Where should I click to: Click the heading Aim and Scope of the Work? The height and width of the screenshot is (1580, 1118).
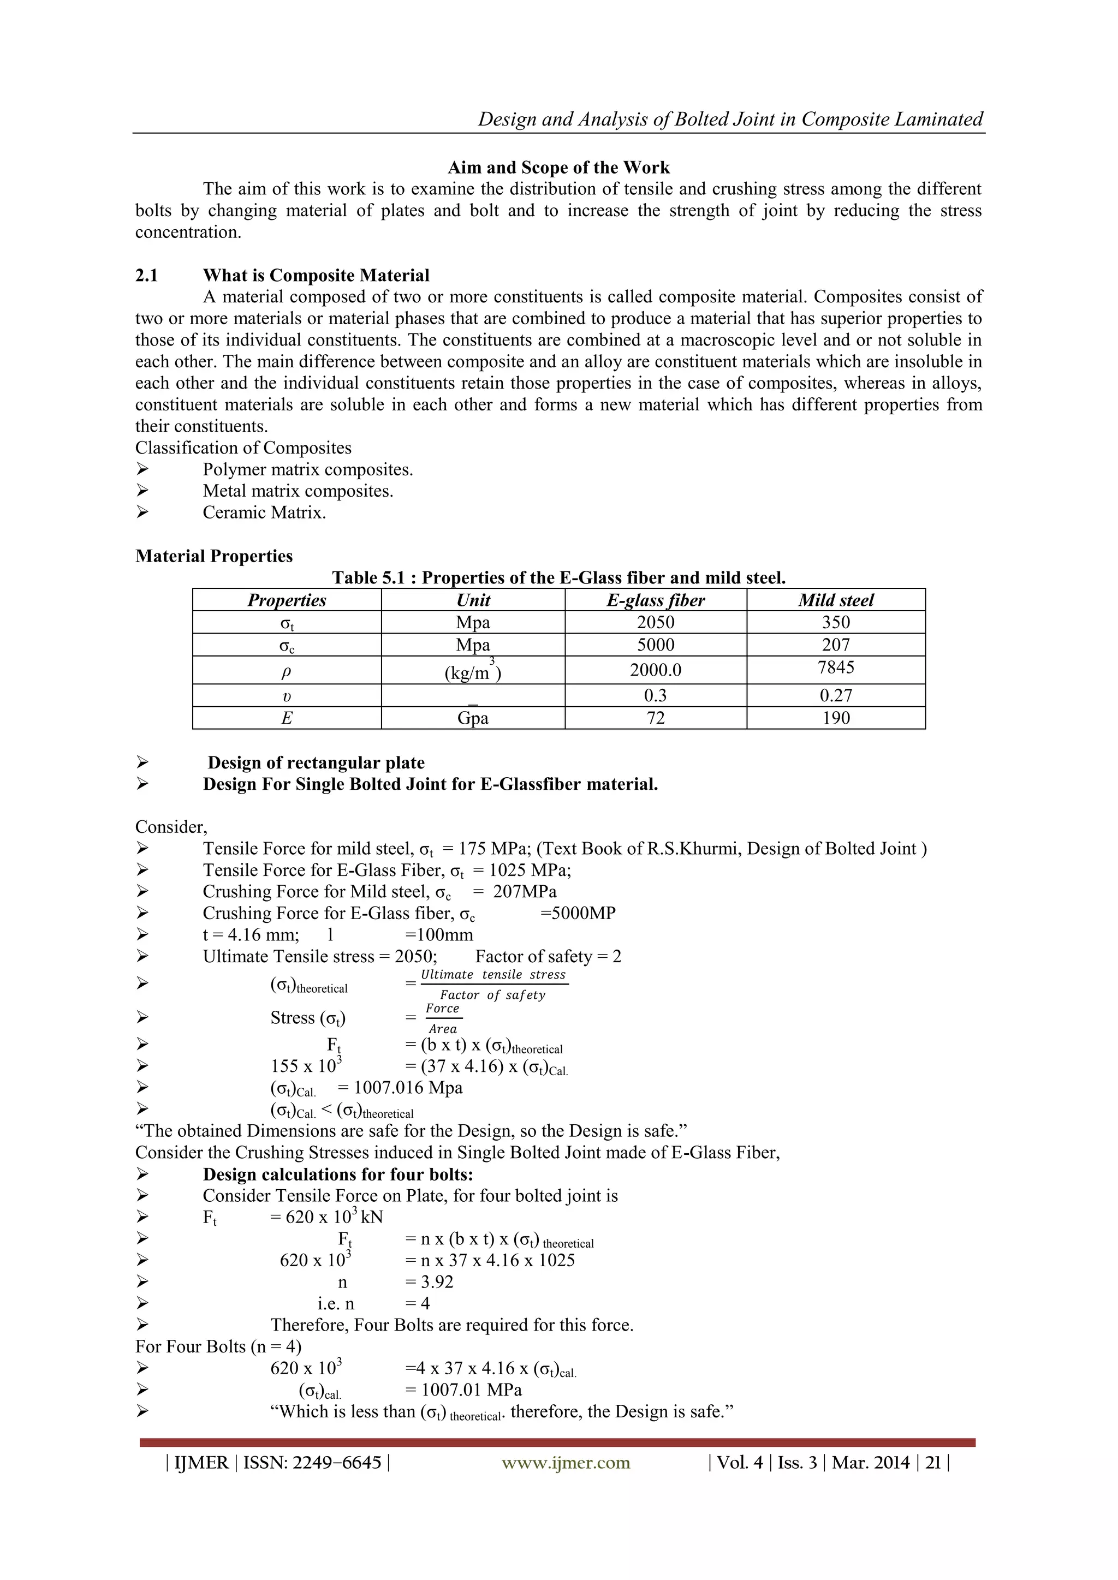tap(558, 168)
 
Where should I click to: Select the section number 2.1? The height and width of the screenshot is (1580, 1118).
tap(147, 276)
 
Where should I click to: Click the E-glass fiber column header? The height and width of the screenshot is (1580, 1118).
tap(656, 600)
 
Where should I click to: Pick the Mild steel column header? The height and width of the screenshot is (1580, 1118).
tap(835, 600)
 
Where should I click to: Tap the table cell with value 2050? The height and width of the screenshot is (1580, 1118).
tap(656, 623)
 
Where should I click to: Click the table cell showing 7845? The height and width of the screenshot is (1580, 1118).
tap(836, 667)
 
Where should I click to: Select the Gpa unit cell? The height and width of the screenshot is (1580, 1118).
tap(473, 718)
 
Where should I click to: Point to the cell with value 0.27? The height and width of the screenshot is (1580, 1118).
tap(836, 696)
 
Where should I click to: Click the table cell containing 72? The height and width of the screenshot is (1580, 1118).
tap(656, 718)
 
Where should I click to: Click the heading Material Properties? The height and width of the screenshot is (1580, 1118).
tap(214, 556)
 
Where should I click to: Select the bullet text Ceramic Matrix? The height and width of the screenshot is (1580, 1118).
tap(264, 512)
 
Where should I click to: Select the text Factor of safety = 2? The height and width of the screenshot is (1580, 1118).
tap(548, 957)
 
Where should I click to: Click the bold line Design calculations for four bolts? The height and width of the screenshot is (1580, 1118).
tap(338, 1174)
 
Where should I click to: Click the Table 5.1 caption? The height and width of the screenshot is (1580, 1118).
tap(558, 578)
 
